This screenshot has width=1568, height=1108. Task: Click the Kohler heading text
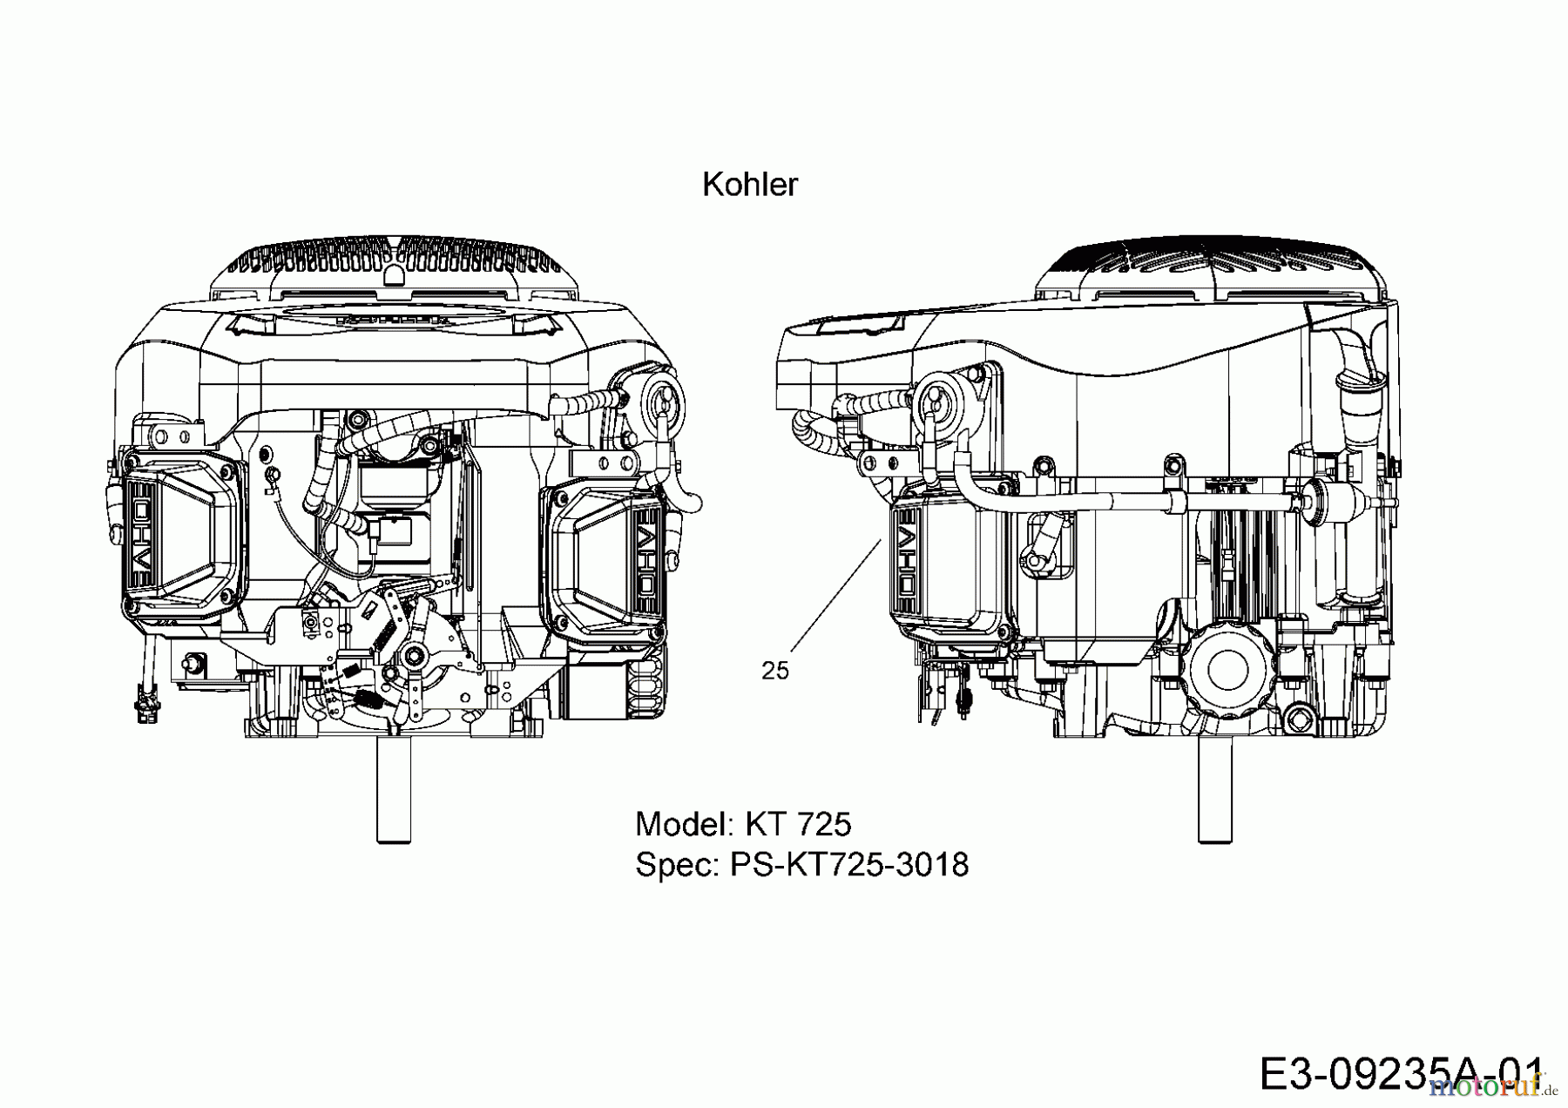click(x=749, y=185)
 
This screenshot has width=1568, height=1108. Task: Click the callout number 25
click(x=774, y=671)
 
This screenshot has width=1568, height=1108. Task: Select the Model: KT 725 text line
click(x=743, y=824)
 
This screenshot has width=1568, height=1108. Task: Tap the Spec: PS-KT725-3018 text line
click(x=801, y=865)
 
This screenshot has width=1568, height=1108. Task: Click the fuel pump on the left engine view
click(x=662, y=401)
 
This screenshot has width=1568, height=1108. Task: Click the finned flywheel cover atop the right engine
click(x=1211, y=265)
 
